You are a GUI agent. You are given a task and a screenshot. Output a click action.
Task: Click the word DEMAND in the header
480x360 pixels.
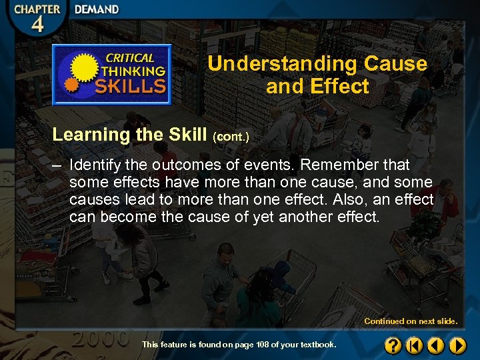coord(97,9)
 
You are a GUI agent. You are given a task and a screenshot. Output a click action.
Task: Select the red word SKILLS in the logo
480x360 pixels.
coord(131,85)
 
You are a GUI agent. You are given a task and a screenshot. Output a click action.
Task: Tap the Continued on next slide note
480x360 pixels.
coord(411,321)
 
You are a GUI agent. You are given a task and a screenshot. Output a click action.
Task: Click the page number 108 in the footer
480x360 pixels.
coord(262,345)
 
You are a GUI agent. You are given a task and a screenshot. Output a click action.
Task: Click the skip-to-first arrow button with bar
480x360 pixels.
coord(415,345)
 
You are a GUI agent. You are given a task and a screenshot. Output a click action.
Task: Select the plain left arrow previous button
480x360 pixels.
coord(436,345)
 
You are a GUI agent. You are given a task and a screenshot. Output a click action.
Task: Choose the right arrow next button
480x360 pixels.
coord(457,345)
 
